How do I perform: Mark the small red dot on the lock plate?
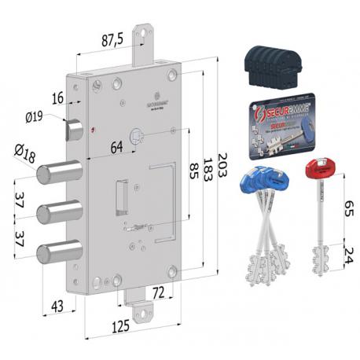pos(92,130)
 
